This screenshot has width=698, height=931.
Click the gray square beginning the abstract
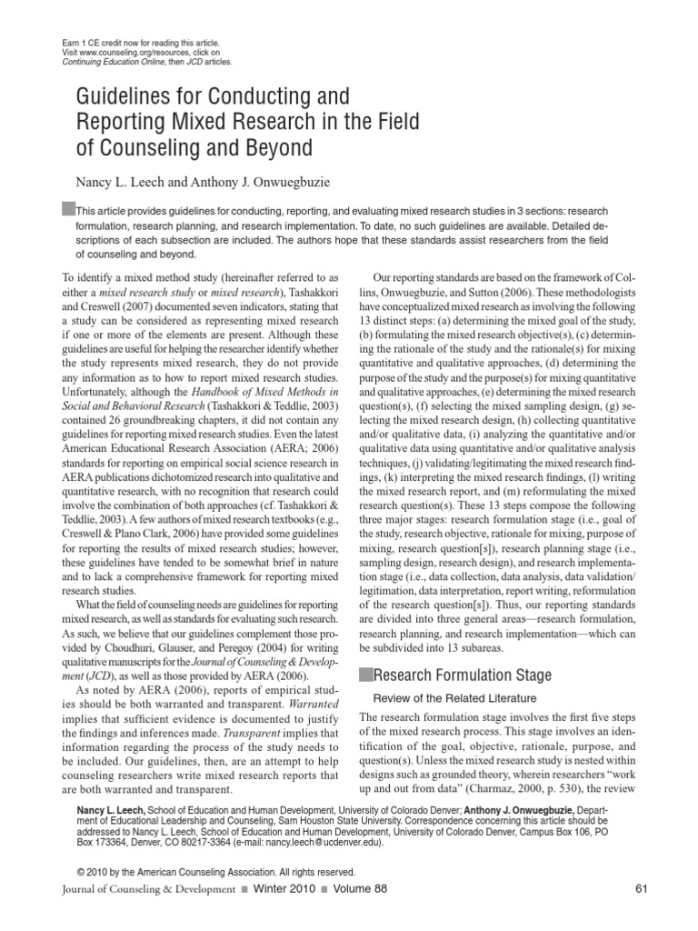coord(68,207)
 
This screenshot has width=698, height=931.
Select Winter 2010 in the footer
coord(277,888)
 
